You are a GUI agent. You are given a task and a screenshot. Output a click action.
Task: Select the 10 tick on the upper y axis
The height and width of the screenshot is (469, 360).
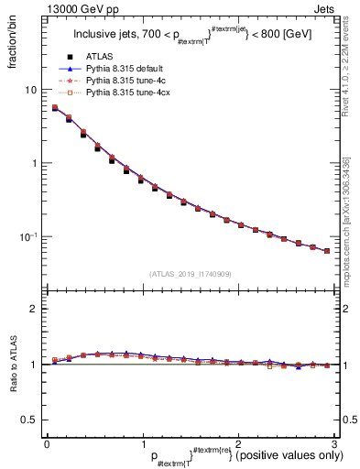tap(32, 90)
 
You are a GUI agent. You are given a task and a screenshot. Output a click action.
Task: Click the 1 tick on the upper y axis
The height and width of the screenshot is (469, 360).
tap(35, 163)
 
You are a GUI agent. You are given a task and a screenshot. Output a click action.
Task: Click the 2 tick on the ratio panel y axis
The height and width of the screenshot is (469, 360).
tap(35, 309)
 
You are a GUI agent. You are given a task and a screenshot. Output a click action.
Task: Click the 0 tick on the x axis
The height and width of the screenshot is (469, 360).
tap(47, 444)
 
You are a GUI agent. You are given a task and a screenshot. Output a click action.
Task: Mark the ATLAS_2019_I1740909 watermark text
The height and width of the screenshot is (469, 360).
tap(189, 274)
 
